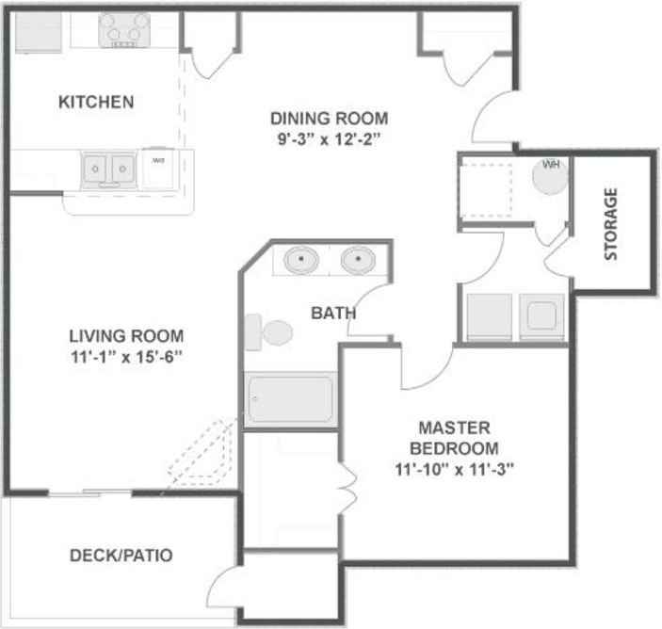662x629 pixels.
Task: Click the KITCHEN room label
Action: (96, 102)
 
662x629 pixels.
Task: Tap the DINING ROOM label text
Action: (329, 119)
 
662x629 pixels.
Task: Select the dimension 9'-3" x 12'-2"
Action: (329, 138)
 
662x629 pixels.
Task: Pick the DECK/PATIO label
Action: (121, 556)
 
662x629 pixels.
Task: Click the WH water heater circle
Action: (551, 175)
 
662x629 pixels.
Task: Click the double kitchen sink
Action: (108, 169)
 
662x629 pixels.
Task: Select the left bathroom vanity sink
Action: (301, 259)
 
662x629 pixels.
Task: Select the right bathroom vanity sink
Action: (358, 259)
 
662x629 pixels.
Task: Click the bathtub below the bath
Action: (291, 399)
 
